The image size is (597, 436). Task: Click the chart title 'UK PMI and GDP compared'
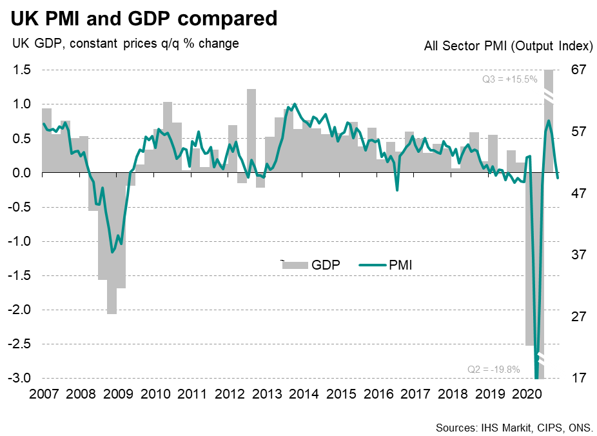(143, 18)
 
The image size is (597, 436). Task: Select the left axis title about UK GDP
(123, 44)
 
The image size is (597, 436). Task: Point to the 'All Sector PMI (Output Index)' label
(509, 46)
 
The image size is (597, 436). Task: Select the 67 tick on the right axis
(578, 70)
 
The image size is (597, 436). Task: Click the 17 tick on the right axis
(578, 378)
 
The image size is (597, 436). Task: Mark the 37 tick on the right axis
(578, 255)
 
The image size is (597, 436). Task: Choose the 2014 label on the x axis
(305, 393)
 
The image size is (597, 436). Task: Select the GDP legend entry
(311, 264)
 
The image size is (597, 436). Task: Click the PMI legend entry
(386, 264)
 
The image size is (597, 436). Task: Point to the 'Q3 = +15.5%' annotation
(510, 81)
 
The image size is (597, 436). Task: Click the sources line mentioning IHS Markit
(514, 427)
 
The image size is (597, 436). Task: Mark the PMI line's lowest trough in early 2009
(112, 252)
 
